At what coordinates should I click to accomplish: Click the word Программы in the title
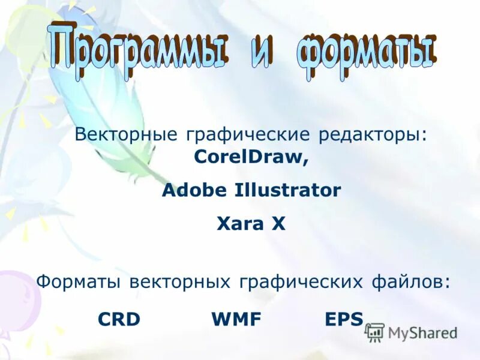click(x=139, y=48)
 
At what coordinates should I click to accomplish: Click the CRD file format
click(x=119, y=320)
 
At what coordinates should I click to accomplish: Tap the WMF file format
click(x=236, y=320)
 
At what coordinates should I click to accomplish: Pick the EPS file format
click(x=344, y=320)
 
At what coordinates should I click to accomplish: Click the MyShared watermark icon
click(x=375, y=332)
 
